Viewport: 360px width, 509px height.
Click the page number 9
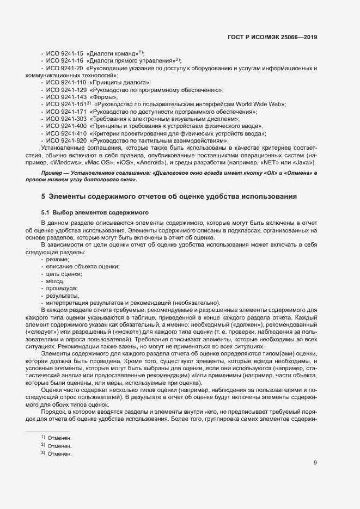click(x=315, y=464)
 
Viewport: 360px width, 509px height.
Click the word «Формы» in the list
click(x=106, y=96)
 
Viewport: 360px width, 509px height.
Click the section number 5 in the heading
click(x=43, y=196)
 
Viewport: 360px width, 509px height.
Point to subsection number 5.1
click(x=46, y=211)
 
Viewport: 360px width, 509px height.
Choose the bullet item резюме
click(x=57, y=260)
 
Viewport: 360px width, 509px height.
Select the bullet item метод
click(x=56, y=281)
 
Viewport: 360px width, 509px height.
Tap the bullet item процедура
click(x=62, y=289)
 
